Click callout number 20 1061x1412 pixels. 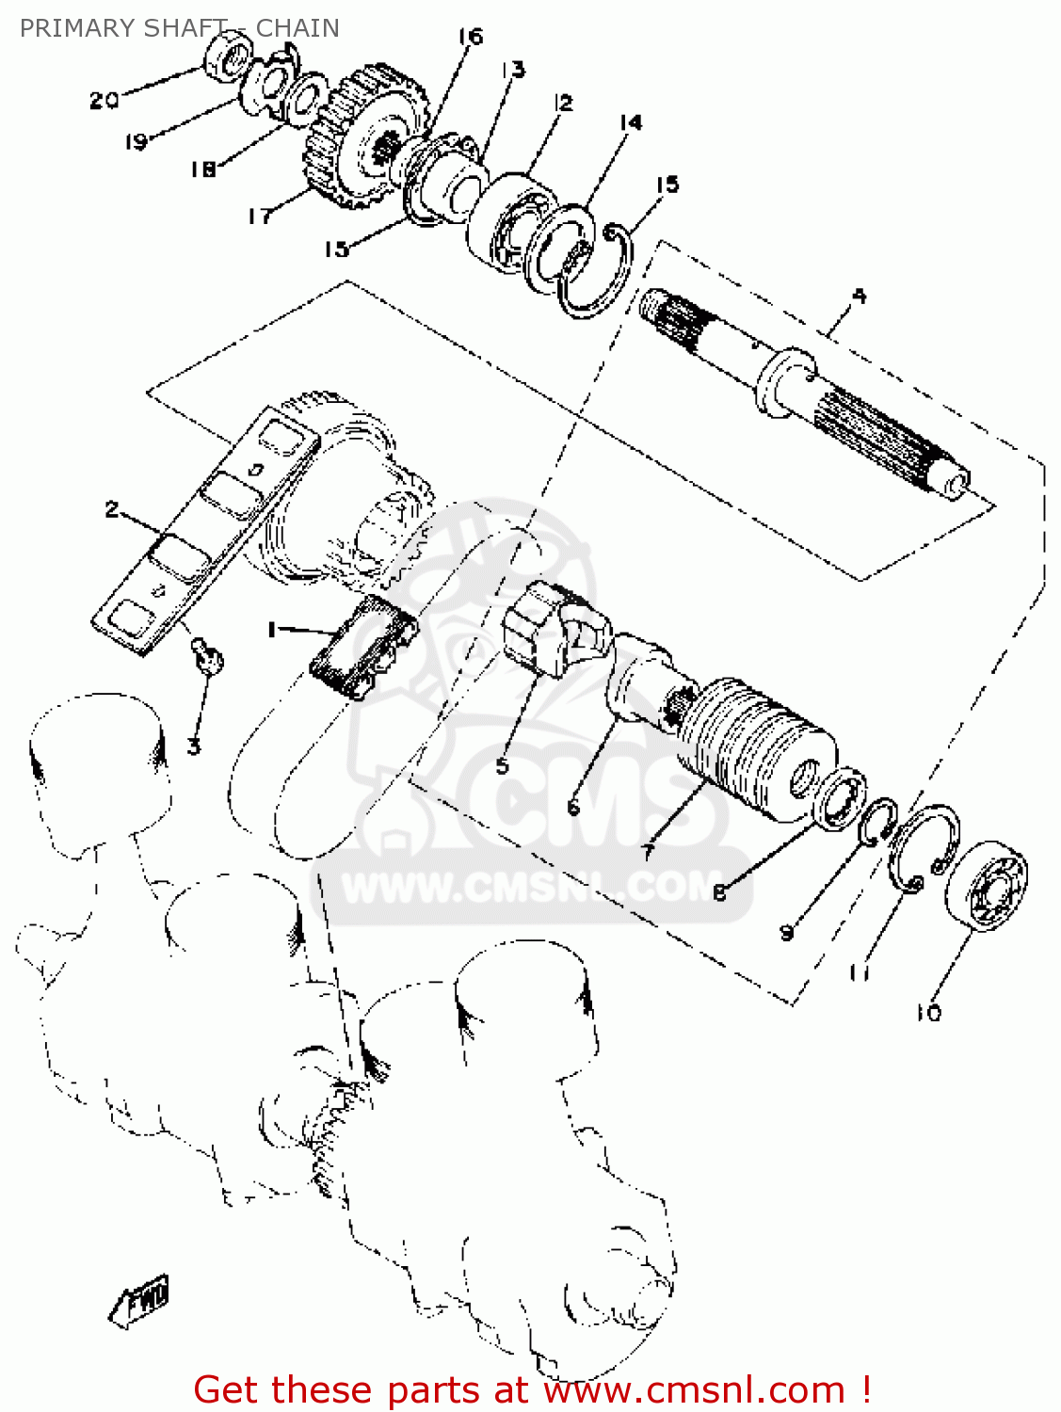(x=104, y=101)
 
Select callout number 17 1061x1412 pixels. (x=261, y=217)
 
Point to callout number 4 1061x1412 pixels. (x=859, y=297)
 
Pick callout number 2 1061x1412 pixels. (x=112, y=510)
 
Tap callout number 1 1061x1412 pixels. (x=273, y=630)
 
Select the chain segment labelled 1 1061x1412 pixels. (x=363, y=647)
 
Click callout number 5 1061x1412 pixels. (x=503, y=765)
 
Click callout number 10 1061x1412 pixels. (x=929, y=1013)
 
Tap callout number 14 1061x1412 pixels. (x=631, y=121)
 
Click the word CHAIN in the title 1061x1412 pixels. (x=297, y=28)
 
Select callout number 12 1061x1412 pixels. (x=563, y=103)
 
